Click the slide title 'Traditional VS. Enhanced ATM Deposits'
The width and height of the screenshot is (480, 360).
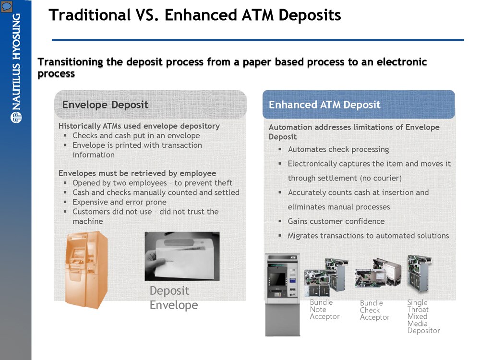pyautogui.click(x=194, y=15)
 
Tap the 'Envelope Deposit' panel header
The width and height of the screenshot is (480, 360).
pyautogui.click(x=105, y=105)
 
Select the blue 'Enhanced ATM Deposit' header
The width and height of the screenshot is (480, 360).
pyautogui.click(x=324, y=105)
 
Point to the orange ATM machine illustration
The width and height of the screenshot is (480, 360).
pyautogui.click(x=86, y=269)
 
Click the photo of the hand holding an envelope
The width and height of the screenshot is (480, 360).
pyautogui.click(x=182, y=256)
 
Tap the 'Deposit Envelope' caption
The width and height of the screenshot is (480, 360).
pyautogui.click(x=173, y=298)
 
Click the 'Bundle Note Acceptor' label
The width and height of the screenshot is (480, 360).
pyautogui.click(x=324, y=310)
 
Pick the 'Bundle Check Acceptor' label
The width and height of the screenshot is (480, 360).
pyautogui.click(x=374, y=310)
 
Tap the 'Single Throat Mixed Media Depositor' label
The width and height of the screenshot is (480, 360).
pyautogui.click(x=423, y=316)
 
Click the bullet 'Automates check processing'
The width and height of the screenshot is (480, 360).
pyautogui.click(x=338, y=149)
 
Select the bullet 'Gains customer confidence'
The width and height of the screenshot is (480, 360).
pyautogui.click(x=336, y=221)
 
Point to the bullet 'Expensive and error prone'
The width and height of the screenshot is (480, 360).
pyautogui.click(x=119, y=202)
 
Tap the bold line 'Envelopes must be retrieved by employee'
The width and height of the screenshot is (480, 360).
pyautogui.click(x=137, y=173)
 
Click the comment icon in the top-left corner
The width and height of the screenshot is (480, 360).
pyautogui.click(x=6, y=6)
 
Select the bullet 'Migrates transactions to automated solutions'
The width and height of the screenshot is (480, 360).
pyautogui.click(x=368, y=236)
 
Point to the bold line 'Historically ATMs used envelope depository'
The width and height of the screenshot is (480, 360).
pyautogui.click(x=139, y=126)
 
